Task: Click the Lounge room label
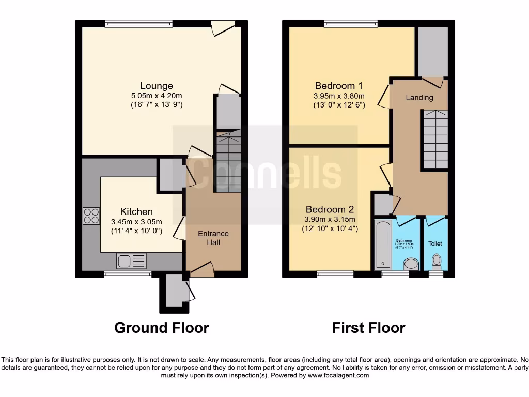(157, 86)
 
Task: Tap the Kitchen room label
(136, 212)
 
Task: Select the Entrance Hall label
(213, 238)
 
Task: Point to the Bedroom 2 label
(330, 209)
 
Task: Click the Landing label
(419, 98)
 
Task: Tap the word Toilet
(435, 243)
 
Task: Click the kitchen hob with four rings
(91, 216)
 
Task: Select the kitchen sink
(132, 261)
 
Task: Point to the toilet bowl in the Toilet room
(436, 260)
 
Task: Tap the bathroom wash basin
(411, 264)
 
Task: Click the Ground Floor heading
(162, 328)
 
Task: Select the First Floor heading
(368, 328)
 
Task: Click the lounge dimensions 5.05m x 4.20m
(157, 96)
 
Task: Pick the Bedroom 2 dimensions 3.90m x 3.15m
(330, 219)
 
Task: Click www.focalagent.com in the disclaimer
(338, 376)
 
